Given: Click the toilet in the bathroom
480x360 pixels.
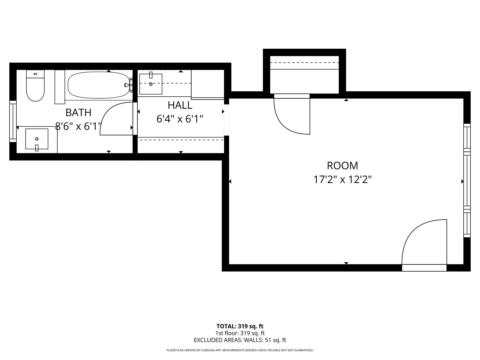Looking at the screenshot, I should (35, 86).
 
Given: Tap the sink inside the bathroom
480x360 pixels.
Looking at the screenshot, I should (37, 139).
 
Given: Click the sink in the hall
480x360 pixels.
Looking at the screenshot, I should (151, 84).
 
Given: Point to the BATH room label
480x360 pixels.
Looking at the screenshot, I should (78, 113).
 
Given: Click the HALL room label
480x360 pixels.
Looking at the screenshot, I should (180, 105).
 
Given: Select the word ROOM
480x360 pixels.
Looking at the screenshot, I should (342, 166).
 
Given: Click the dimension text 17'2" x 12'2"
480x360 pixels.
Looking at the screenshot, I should (342, 180).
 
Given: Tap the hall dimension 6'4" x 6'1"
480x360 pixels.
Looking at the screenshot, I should (180, 119).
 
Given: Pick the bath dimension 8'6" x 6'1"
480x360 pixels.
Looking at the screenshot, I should (78, 126).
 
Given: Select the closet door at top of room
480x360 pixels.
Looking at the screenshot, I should (292, 115).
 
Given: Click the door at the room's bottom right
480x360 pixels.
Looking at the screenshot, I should (424, 245).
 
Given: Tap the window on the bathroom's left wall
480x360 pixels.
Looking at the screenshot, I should (13, 121).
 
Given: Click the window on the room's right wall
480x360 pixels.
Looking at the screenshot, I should (467, 180).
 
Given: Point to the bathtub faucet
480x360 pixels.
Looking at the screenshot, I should (128, 85).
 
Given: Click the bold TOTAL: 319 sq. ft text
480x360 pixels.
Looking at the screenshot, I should (240, 326).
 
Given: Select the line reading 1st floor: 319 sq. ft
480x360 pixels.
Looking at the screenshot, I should (240, 333).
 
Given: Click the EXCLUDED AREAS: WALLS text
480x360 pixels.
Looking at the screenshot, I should (240, 340).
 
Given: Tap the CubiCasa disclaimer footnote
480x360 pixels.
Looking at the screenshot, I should (240, 350).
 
